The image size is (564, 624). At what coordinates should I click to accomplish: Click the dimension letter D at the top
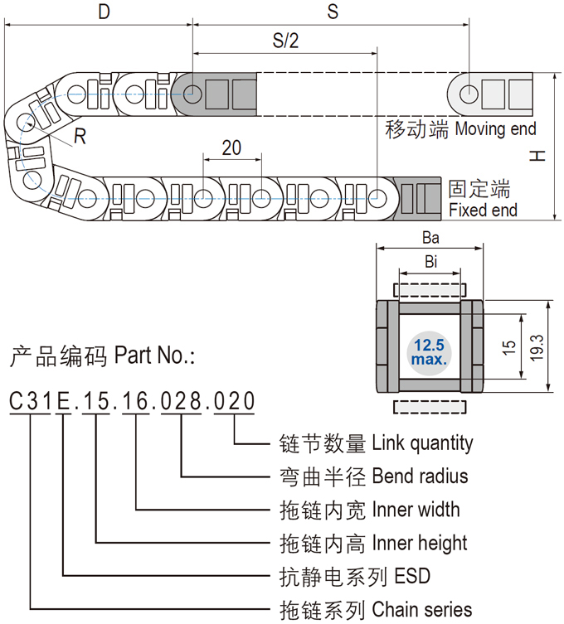coord(104,12)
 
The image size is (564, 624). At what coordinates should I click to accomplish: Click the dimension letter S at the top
coord(333,12)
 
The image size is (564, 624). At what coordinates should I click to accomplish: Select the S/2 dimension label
coord(284,41)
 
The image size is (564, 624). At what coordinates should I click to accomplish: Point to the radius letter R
coord(80,138)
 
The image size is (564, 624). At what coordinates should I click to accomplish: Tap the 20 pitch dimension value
coord(232,148)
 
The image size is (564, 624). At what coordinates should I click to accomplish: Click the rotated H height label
coord(539,156)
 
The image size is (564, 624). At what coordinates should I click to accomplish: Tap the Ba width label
coord(430,237)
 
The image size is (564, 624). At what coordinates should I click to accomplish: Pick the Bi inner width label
coord(430,263)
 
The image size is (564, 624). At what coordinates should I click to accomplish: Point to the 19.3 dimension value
coord(537,346)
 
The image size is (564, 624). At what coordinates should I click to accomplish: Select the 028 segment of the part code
coord(182,402)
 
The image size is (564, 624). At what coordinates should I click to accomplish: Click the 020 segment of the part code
coord(235,402)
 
